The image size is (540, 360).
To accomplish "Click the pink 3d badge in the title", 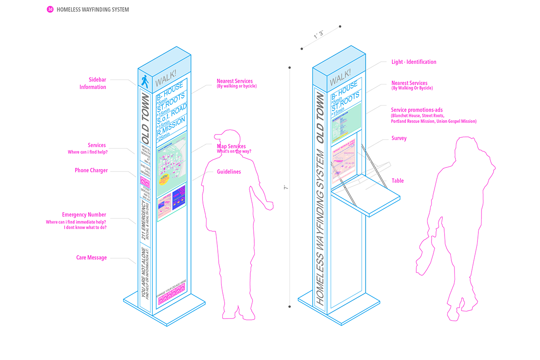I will pyautogui.click(x=50, y=9).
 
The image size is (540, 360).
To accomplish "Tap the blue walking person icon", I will pyautogui.click(x=144, y=81).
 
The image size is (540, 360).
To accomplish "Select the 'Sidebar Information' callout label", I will pyautogui.click(x=93, y=83).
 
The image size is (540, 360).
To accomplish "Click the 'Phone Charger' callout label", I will pyautogui.click(x=91, y=171).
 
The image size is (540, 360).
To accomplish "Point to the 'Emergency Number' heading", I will pyautogui.click(x=84, y=215).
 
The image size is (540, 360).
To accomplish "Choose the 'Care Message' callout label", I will pyautogui.click(x=91, y=258).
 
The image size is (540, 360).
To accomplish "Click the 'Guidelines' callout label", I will pyautogui.click(x=229, y=172).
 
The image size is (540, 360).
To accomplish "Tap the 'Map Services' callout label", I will pyautogui.click(x=231, y=146).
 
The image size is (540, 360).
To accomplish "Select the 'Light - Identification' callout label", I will pyautogui.click(x=414, y=62).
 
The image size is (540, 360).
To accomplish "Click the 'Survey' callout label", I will pyautogui.click(x=399, y=138).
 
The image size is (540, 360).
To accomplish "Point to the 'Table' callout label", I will pyautogui.click(x=397, y=181).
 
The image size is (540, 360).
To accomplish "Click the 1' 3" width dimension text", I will pyautogui.click(x=319, y=35).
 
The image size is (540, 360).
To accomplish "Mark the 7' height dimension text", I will pyautogui.click(x=285, y=188).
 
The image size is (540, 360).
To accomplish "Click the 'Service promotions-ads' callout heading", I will pyautogui.click(x=413, y=109).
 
